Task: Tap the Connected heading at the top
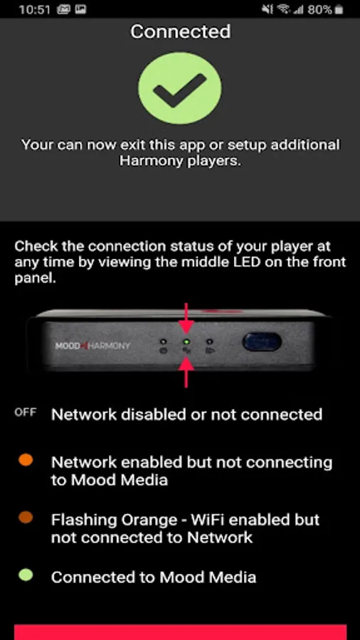(180, 32)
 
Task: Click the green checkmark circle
(180, 87)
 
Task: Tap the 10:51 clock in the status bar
(34, 9)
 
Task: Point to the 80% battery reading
(319, 9)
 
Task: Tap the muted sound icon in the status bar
(268, 9)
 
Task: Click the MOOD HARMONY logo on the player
(92, 346)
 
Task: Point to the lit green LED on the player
(186, 341)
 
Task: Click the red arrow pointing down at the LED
(186, 319)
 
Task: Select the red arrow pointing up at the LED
(186, 372)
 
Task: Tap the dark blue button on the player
(262, 341)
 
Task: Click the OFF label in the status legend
(26, 412)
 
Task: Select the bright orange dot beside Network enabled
(26, 460)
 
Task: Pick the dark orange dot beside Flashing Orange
(26, 518)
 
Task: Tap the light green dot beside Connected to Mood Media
(26, 575)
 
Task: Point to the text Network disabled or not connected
(186, 415)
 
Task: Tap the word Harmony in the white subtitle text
(151, 161)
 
